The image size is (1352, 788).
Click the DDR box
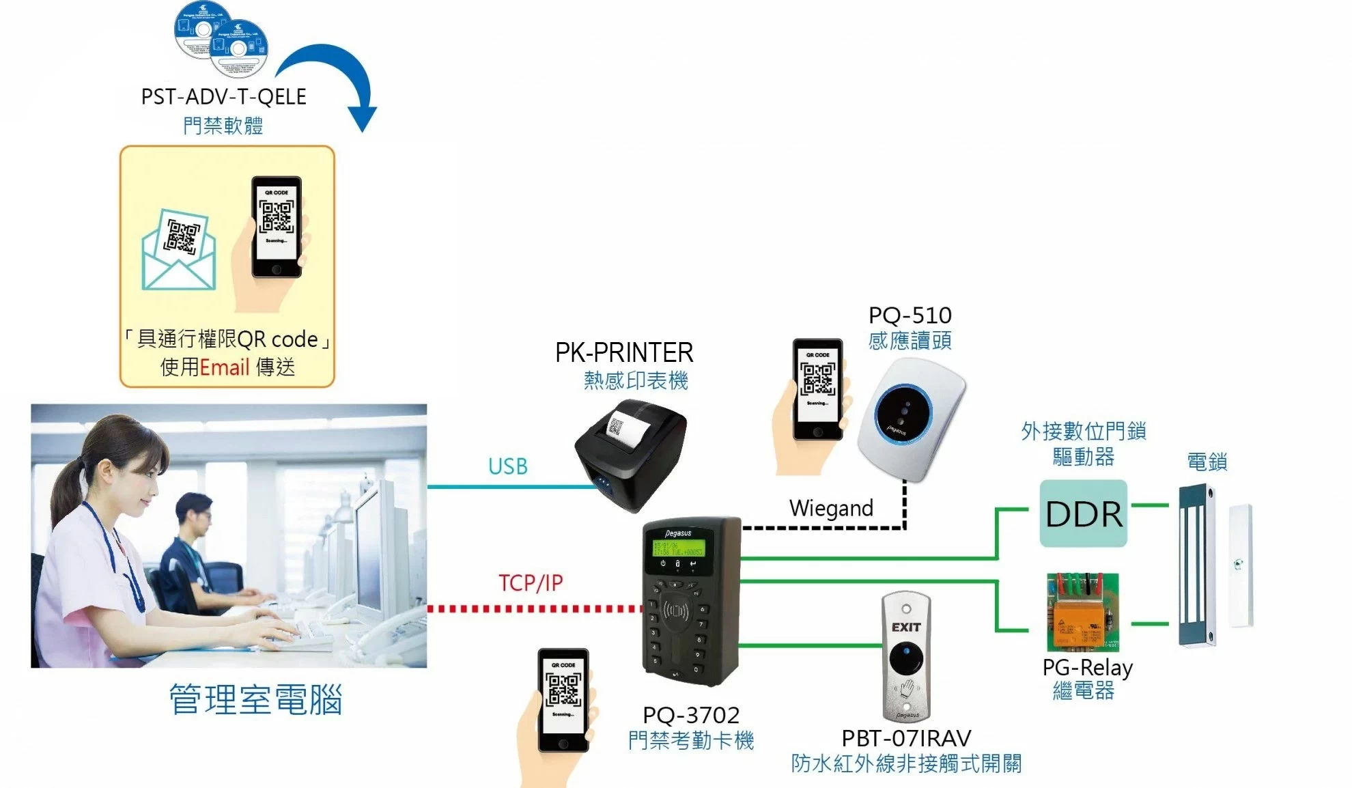click(x=1083, y=513)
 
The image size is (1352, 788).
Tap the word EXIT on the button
click(x=906, y=627)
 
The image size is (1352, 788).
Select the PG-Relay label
click(x=1087, y=667)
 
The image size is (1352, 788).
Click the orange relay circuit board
click(x=1083, y=613)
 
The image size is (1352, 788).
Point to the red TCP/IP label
click(x=531, y=583)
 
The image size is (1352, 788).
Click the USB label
click(x=507, y=466)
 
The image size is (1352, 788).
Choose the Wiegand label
click(x=831, y=508)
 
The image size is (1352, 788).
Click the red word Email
click(x=224, y=367)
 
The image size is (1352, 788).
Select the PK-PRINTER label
click(x=624, y=353)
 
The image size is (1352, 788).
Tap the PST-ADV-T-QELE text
click(x=223, y=97)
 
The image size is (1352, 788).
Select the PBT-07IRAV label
click(x=906, y=738)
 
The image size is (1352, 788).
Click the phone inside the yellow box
click(x=277, y=227)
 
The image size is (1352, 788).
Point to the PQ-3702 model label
click(x=691, y=715)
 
